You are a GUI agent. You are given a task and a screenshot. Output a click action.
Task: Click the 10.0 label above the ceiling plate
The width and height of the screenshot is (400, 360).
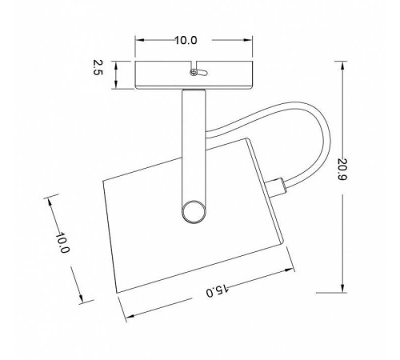[x=186, y=40]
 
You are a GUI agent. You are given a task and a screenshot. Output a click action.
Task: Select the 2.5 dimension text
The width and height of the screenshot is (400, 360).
[x=98, y=68]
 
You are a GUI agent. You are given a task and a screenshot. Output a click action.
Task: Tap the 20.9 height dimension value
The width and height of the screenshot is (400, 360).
[x=342, y=170]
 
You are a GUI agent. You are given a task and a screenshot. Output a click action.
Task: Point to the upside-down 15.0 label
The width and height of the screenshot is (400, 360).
[x=218, y=290]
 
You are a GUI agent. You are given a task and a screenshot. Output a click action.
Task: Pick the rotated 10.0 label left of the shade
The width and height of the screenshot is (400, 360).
[x=62, y=242]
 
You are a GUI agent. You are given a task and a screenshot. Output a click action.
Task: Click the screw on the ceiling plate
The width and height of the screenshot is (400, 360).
[x=194, y=72]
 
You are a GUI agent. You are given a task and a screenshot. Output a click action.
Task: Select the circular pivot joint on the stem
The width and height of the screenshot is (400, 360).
[x=194, y=211]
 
